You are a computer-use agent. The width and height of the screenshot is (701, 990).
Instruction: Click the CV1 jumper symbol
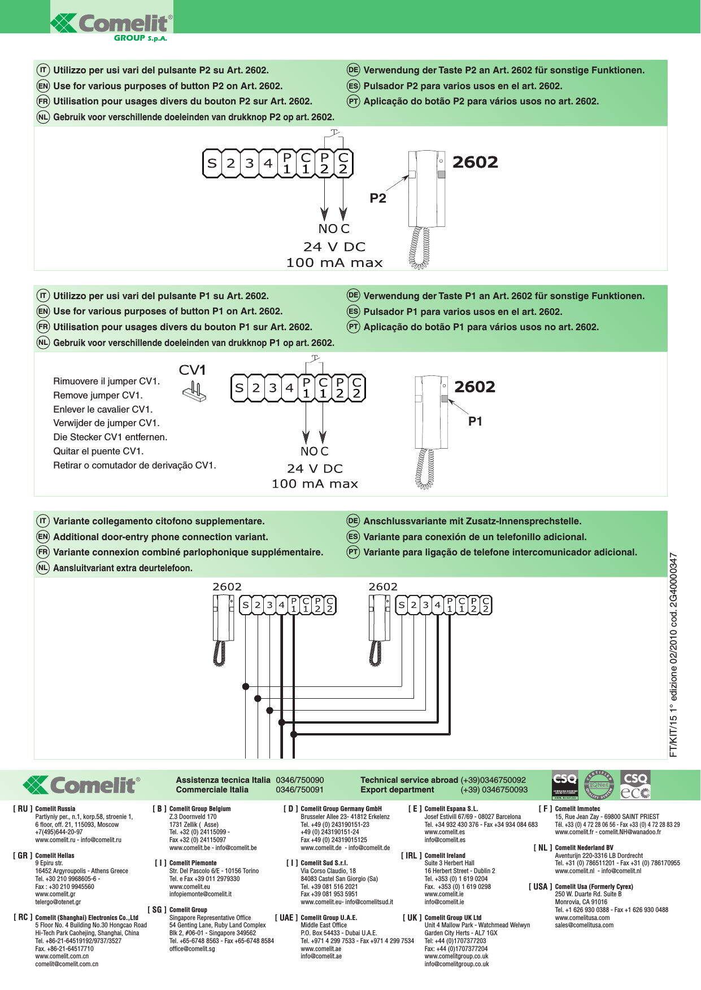pos(194,391)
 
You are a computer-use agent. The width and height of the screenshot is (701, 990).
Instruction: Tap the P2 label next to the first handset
pos(378,198)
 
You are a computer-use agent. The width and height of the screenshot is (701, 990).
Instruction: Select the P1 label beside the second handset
pos(475,422)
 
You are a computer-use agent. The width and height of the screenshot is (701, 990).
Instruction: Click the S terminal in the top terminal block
pos(212,164)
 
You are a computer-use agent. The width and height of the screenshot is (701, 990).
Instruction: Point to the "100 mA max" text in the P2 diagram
pos(334,263)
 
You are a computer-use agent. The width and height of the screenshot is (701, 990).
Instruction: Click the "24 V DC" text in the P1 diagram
pos(315,468)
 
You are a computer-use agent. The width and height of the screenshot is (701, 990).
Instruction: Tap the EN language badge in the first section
pos(43,86)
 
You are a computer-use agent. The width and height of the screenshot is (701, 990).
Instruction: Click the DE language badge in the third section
pos(353,521)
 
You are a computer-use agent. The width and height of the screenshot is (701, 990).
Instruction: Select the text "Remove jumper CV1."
pos(98,395)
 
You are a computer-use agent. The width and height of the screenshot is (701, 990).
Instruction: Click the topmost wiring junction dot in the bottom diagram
pos(246,686)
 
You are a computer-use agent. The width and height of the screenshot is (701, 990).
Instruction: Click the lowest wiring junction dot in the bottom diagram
pos(293,734)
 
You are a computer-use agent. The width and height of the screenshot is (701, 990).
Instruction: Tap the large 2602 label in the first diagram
pos(475,163)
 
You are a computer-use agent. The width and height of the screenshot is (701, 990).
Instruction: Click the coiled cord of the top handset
pos(419,248)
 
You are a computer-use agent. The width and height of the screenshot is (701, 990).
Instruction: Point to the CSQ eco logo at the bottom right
pos(635,785)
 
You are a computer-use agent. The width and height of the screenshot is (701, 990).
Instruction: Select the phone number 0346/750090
pos(299,780)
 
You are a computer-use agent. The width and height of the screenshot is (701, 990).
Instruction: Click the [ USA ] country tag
pos(540,887)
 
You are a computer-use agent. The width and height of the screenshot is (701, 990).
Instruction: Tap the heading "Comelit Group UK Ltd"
pos(452,918)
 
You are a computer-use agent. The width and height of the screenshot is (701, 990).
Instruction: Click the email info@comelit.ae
pos(321,956)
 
